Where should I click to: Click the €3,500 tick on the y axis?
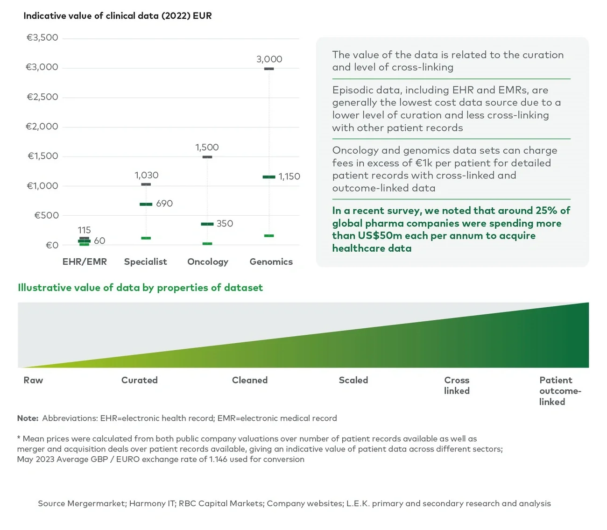[x=42, y=38]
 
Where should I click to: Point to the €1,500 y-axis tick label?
[x=43, y=156]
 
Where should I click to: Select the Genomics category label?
[x=271, y=262]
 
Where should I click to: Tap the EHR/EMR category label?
[x=85, y=262]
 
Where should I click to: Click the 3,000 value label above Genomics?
[x=269, y=59]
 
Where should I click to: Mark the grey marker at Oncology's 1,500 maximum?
[x=207, y=157]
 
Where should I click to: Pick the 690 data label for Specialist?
[x=164, y=204]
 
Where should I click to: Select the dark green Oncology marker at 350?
[x=207, y=224]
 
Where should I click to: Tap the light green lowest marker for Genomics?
[x=269, y=236]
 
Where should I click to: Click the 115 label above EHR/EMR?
[x=84, y=230]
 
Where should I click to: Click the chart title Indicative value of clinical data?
[x=117, y=16]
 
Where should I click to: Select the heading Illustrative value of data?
[x=140, y=288]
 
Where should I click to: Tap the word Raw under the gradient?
[x=33, y=380]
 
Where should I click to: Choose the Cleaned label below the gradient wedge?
[x=250, y=380]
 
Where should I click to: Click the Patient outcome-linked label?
[x=559, y=391]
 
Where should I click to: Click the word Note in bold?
[x=28, y=418]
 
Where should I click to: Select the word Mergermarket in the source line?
[x=97, y=503]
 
